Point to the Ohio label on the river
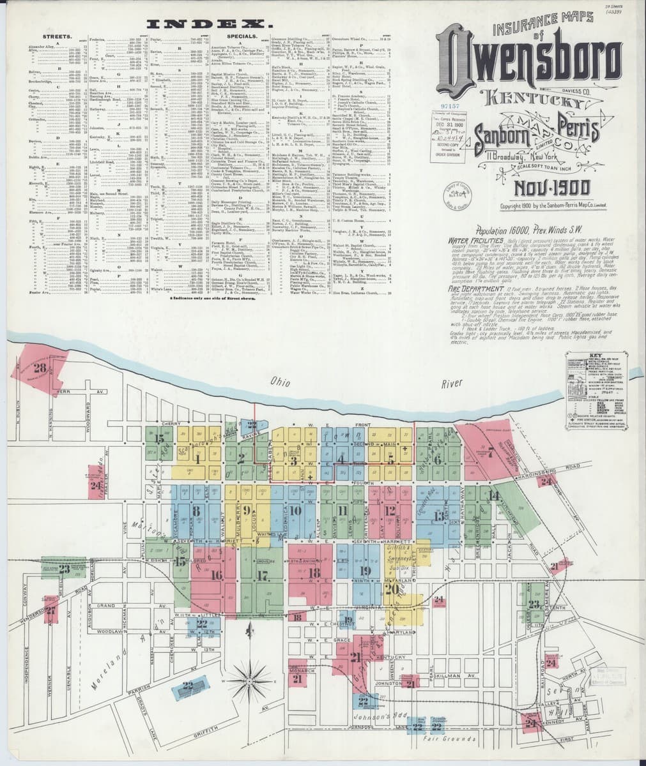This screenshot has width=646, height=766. point(279,382)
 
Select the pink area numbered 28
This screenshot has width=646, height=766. point(40,368)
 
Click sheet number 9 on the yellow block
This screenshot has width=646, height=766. point(246,510)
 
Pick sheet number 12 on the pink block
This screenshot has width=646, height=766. point(390,510)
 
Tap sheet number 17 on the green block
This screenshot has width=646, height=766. point(262,574)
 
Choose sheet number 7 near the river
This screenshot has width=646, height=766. point(490,454)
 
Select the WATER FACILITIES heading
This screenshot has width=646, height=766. point(473,241)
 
